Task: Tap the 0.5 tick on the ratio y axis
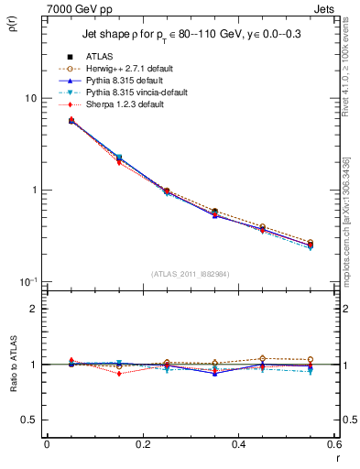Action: [28, 420]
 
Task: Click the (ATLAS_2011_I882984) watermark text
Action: [191, 274]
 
